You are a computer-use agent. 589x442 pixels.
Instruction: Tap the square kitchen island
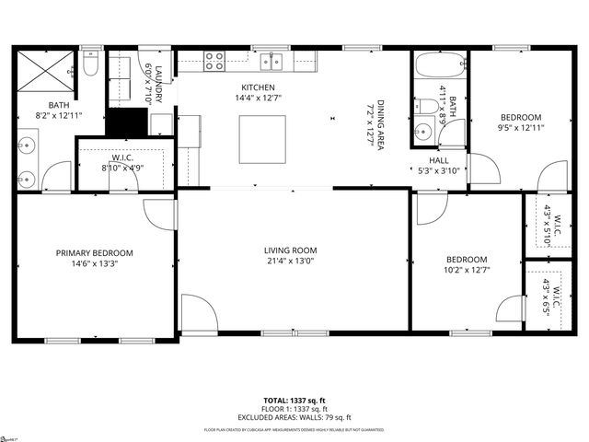coord(257,138)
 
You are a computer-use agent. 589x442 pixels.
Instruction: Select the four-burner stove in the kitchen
coord(214,62)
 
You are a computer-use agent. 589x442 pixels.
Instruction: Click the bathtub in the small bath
coord(438,67)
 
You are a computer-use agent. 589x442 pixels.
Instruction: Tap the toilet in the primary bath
coord(90,64)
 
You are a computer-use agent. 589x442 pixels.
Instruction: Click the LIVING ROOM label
coord(290,250)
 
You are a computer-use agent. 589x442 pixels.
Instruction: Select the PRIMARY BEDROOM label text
coord(94,253)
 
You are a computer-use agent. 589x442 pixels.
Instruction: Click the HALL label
coord(438,159)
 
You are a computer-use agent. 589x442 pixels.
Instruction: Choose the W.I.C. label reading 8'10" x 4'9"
coord(121,168)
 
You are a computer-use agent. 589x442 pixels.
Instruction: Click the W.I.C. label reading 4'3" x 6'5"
coord(549,294)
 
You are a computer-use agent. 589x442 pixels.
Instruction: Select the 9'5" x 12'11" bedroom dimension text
coord(521,129)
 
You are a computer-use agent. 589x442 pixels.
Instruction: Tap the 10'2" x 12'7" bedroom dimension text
coord(467,270)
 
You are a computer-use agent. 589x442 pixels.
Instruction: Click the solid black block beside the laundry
coord(128,122)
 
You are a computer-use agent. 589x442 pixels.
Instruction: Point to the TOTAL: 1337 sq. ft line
coord(294,401)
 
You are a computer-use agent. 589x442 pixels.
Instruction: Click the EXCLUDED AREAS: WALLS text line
coord(294,416)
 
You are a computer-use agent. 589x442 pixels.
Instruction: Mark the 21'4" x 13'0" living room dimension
coord(290,261)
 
